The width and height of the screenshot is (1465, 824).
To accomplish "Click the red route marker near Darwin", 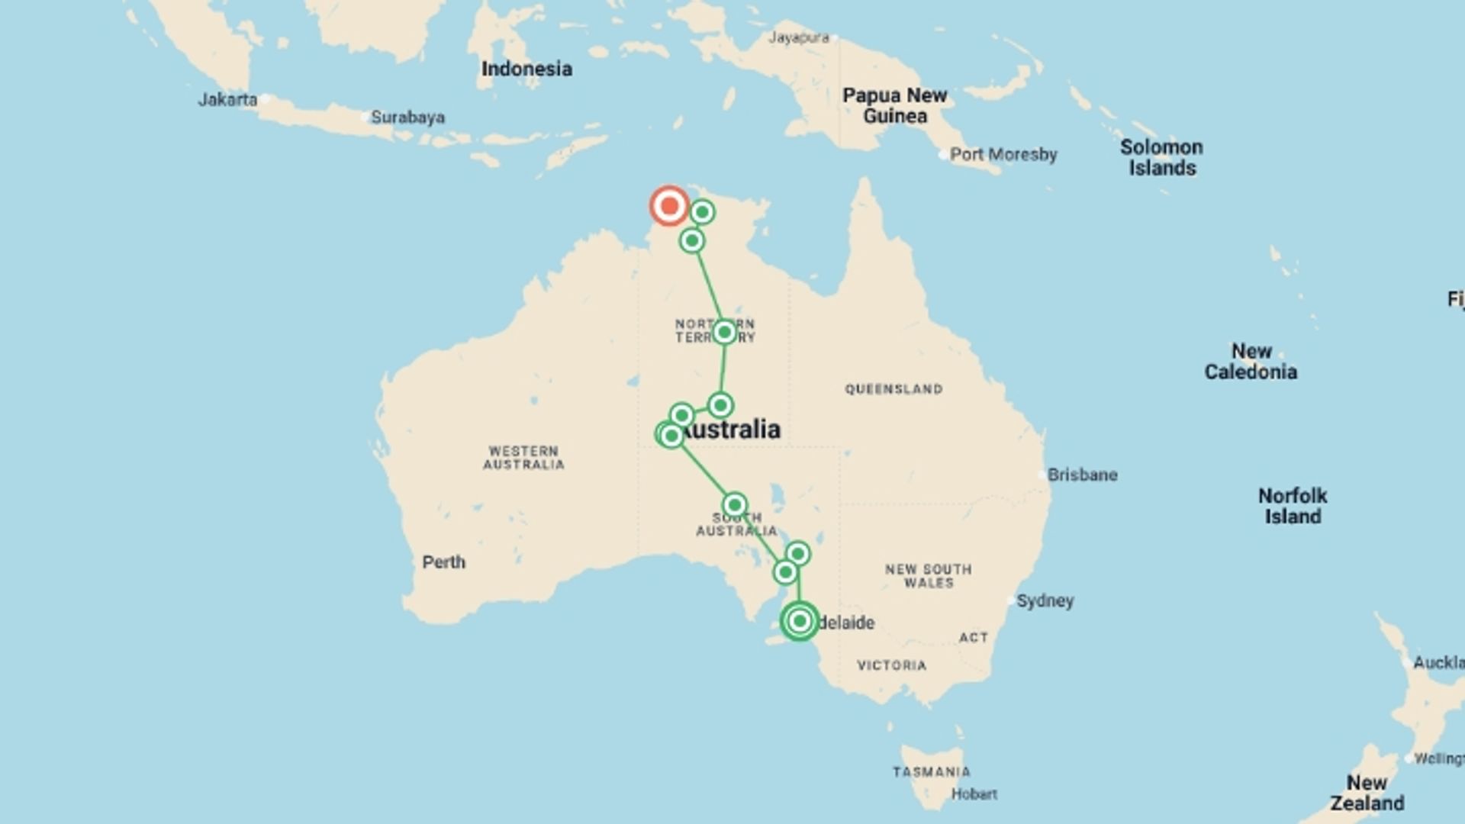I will [x=669, y=206].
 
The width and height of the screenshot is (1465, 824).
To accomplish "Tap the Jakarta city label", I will [x=227, y=100].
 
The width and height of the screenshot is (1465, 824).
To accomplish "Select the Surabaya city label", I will [x=407, y=117].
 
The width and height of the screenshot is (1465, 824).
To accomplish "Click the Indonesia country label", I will [x=526, y=69].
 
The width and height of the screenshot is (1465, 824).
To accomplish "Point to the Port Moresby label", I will [x=1003, y=155].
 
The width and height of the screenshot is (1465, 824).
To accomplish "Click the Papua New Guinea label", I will [x=894, y=106].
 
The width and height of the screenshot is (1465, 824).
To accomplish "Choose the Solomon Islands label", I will [x=1161, y=157].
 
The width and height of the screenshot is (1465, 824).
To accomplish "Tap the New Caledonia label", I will [x=1251, y=362].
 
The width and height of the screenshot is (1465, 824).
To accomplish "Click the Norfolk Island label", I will [x=1293, y=506].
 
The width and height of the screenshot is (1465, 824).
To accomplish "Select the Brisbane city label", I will [x=1082, y=475].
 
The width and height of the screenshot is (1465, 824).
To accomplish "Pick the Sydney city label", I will [x=1045, y=600].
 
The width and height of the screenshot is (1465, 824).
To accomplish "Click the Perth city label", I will [x=443, y=562].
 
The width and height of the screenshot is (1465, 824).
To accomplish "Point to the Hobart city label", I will [x=974, y=794].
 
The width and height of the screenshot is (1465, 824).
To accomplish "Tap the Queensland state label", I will [x=893, y=389].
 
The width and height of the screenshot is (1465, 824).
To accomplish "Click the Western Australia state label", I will [x=523, y=458].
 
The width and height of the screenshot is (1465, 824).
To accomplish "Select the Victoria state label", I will [x=891, y=665].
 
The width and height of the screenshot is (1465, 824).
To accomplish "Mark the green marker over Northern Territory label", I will [x=724, y=333].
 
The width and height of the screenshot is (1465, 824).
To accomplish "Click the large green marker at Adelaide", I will [x=800, y=621].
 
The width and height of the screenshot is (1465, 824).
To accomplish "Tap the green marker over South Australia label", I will [x=734, y=504].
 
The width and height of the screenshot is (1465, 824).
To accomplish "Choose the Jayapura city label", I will [x=798, y=37].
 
